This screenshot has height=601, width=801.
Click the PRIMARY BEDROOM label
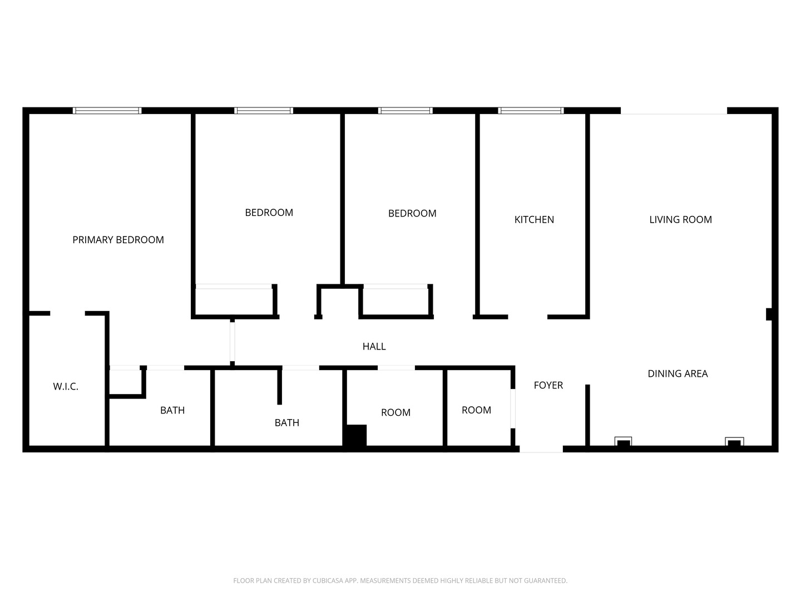(x=118, y=240)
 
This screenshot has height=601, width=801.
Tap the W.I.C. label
(x=66, y=386)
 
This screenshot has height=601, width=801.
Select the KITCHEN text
(x=534, y=220)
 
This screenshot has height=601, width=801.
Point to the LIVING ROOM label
(x=680, y=220)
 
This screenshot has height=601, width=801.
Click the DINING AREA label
(x=678, y=374)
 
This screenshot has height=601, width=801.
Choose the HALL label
(x=374, y=347)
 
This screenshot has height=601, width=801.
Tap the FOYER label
(x=548, y=386)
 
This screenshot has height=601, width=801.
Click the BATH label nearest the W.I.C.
(x=172, y=411)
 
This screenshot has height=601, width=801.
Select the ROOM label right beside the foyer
(x=476, y=410)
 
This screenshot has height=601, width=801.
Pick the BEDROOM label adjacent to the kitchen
(x=412, y=214)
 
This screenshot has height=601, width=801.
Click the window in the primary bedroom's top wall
(x=107, y=111)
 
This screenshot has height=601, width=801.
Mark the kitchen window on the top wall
(x=531, y=111)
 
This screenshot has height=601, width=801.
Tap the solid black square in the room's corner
(x=355, y=435)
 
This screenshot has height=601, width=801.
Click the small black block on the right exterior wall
(x=769, y=314)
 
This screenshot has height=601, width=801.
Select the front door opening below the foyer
(x=541, y=449)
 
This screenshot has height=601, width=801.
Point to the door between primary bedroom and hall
(x=233, y=341)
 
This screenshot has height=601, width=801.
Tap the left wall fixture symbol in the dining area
(x=623, y=442)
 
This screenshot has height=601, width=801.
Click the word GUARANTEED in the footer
(x=546, y=581)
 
